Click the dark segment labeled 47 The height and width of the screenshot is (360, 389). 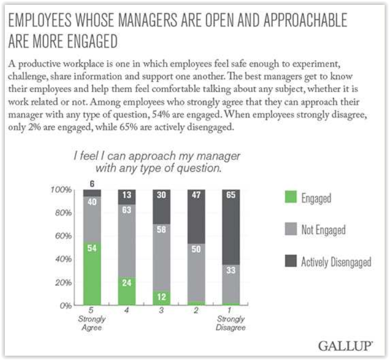[197, 216]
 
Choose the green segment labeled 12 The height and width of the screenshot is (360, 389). [162, 298]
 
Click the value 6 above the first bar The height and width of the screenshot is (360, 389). [92, 184]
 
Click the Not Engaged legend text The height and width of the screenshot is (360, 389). [323, 230]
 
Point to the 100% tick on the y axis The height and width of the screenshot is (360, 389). [64, 190]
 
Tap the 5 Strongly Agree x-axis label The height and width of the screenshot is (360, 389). [92, 320]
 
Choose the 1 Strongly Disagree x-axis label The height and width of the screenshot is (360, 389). [232, 320]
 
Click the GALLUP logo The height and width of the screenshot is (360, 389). [346, 345]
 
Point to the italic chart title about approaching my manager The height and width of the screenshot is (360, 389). [157, 162]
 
